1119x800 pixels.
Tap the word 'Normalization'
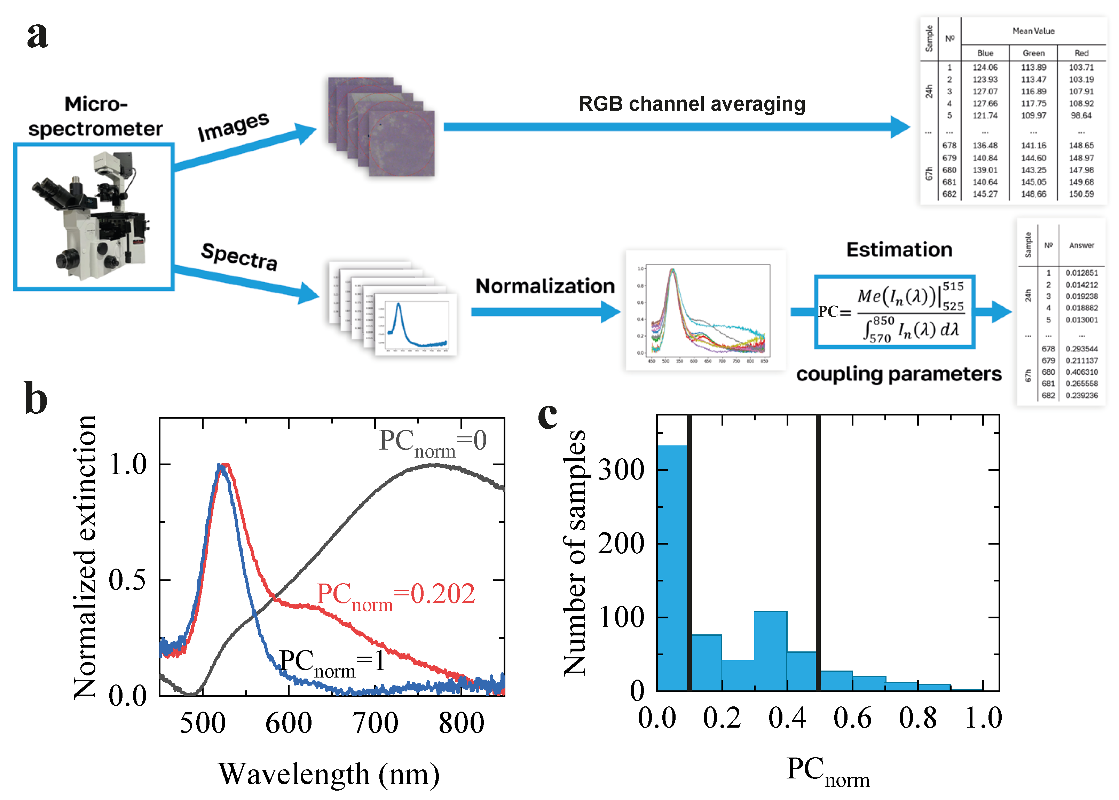pyautogui.click(x=545, y=286)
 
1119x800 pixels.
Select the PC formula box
pyautogui.click(x=894, y=312)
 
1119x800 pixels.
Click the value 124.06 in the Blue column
pyautogui.click(x=985, y=68)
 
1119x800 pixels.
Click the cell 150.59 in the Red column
pyautogui.click(x=1081, y=194)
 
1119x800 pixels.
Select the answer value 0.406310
pyautogui.click(x=1081, y=372)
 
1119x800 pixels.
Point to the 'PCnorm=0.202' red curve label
pyautogui.click(x=396, y=595)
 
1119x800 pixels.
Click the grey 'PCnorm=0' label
pyautogui.click(x=433, y=441)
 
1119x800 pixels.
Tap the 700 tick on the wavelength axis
pyautogui.click(x=375, y=723)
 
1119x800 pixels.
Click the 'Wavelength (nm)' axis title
pyautogui.click(x=329, y=774)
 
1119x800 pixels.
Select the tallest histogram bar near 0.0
pyautogui.click(x=672, y=567)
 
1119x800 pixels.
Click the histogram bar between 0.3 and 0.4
pyautogui.click(x=770, y=650)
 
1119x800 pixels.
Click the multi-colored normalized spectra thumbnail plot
pyautogui.click(x=706, y=310)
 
